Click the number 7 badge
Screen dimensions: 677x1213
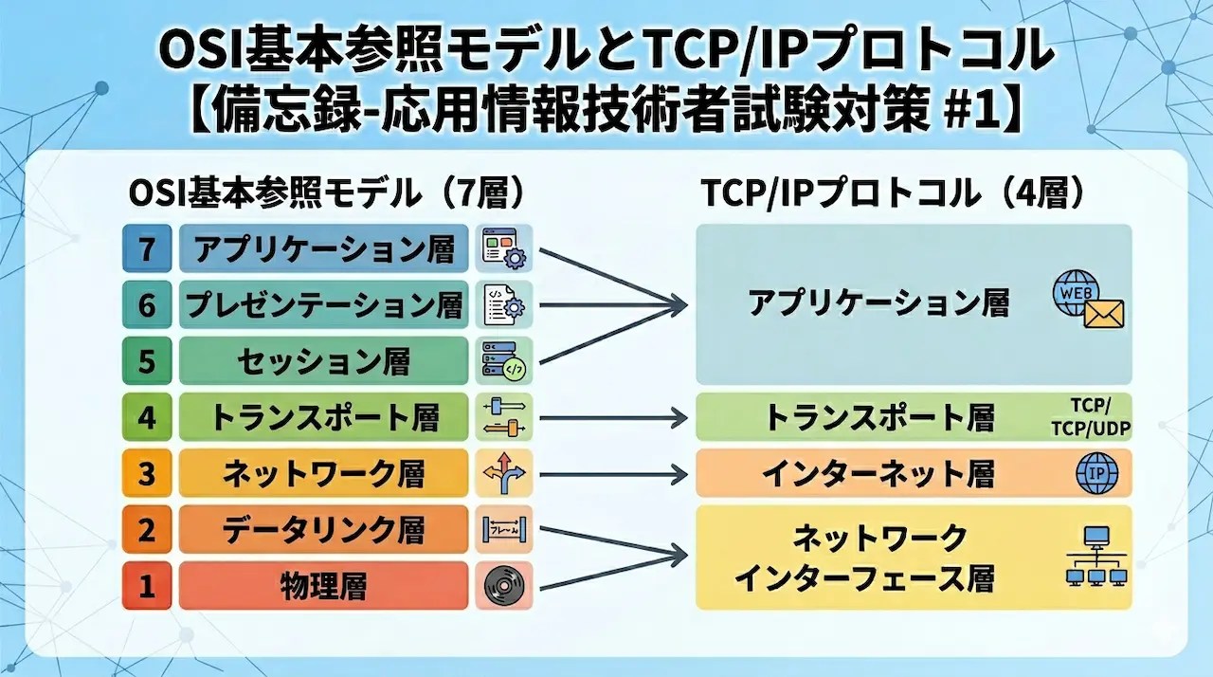(146, 249)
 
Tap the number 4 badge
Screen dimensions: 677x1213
(146, 417)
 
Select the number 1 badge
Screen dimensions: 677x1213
(146, 586)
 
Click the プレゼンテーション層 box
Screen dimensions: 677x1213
(324, 305)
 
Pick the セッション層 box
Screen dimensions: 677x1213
(324, 361)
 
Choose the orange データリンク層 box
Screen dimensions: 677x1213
(324, 530)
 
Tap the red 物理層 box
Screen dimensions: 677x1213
(324, 586)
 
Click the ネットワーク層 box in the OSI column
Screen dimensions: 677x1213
(324, 473)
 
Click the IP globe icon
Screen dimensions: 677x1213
(1097, 474)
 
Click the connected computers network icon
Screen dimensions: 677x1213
(1097, 558)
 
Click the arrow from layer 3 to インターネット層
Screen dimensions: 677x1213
(612, 474)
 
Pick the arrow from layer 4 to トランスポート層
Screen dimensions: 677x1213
(612, 417)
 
